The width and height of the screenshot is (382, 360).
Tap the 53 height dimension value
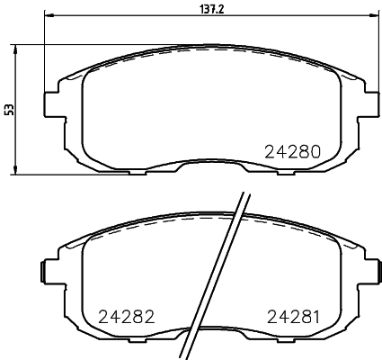click(9, 109)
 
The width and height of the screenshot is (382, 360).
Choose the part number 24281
click(293, 317)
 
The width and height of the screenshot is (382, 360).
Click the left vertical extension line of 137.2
click(44, 54)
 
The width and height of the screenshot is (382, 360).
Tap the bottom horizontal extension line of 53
click(54, 174)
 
